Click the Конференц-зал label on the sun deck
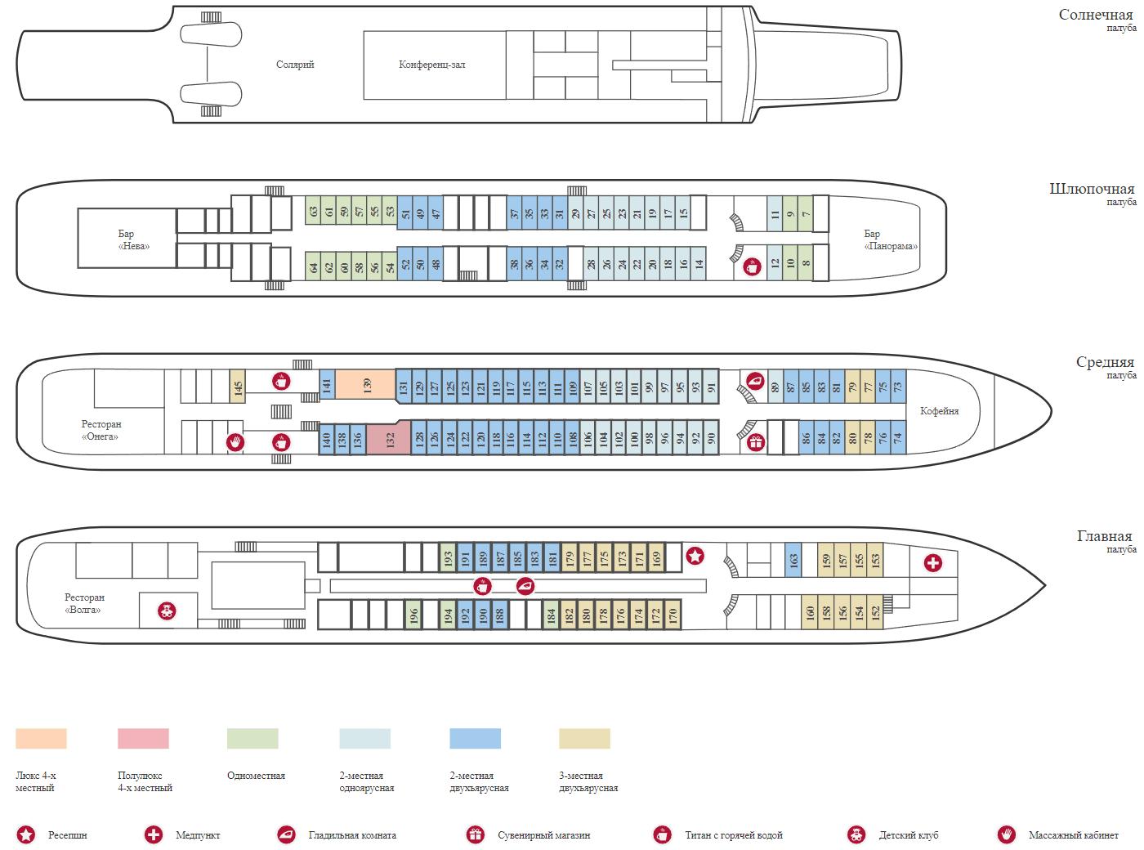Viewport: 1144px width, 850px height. coord(431,65)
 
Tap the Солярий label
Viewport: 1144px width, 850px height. coord(294,65)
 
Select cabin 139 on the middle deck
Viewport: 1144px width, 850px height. coord(365,384)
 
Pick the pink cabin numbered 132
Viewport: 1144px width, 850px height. coord(389,439)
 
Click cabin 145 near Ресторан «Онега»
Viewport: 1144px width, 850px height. coord(237,386)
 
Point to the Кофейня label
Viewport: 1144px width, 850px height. coord(939,411)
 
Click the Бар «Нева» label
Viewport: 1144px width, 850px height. coord(133,240)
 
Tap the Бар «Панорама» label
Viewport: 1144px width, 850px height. coord(890,240)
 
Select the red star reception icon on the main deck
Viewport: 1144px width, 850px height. coord(695,557)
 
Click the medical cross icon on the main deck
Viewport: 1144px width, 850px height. coord(932,562)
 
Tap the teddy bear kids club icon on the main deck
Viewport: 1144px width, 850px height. coord(167,611)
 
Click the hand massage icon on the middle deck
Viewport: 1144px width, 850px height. coord(235,442)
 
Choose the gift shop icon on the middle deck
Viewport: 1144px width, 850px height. coord(756,442)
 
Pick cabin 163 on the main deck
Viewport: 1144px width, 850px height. coord(793,559)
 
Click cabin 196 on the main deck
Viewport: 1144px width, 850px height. coord(413,615)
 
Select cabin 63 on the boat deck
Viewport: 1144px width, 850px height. coord(313,211)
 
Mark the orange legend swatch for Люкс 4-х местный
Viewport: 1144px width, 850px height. coord(41,738)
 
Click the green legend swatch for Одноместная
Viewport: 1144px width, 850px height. coord(252,738)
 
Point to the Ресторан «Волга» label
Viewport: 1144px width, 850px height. coord(84,603)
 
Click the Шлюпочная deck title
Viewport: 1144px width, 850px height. coord(1092,189)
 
